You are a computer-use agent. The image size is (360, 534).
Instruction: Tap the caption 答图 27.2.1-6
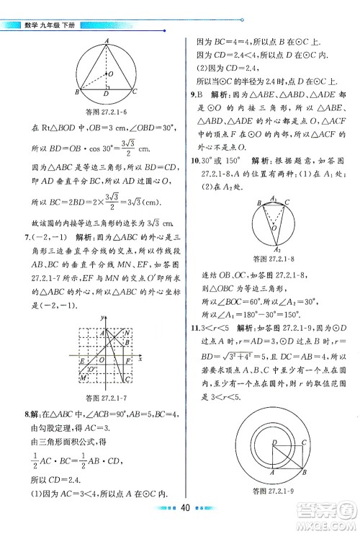(x=106, y=110)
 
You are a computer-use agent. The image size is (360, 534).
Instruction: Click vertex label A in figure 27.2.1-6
(x=106, y=41)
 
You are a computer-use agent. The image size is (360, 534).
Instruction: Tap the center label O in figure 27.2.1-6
(x=109, y=74)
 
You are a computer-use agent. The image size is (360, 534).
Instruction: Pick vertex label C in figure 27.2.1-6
(x=136, y=92)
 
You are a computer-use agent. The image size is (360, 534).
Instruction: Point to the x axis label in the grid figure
(x=139, y=357)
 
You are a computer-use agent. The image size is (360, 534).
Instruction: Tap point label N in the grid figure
(x=127, y=332)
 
